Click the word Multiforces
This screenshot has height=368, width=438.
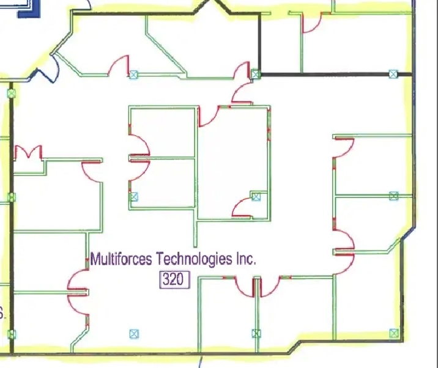[121, 259]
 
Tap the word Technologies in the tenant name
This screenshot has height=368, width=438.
[194, 259]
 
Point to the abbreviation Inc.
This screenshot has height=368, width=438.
[246, 259]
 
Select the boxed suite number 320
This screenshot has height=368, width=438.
[175, 279]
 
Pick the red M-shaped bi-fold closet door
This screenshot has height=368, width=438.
[28, 152]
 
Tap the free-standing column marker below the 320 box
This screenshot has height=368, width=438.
[134, 334]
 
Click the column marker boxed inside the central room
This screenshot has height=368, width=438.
[256, 197]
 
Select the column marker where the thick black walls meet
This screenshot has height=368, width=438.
[255, 74]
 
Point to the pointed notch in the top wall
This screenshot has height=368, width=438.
[212, 6]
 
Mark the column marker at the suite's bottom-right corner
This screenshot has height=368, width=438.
[394, 333]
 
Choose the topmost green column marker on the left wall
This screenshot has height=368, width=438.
[12, 93]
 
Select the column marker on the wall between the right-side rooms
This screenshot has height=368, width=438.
[393, 196]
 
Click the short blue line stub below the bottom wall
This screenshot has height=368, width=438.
[200, 362]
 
